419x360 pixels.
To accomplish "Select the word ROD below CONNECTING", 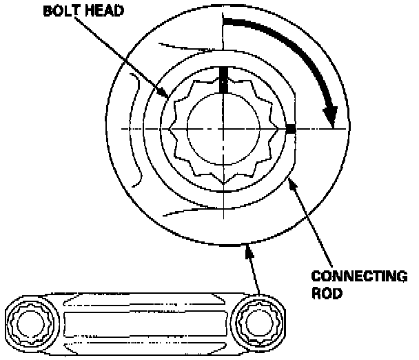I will [325, 292].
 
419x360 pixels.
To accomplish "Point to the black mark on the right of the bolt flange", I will [290, 129].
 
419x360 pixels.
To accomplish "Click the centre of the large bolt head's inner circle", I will [223, 129].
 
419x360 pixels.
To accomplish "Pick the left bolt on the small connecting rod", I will [28, 321].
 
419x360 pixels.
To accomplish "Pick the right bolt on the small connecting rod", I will [260, 321].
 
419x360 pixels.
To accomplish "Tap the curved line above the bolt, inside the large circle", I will [186, 50].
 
